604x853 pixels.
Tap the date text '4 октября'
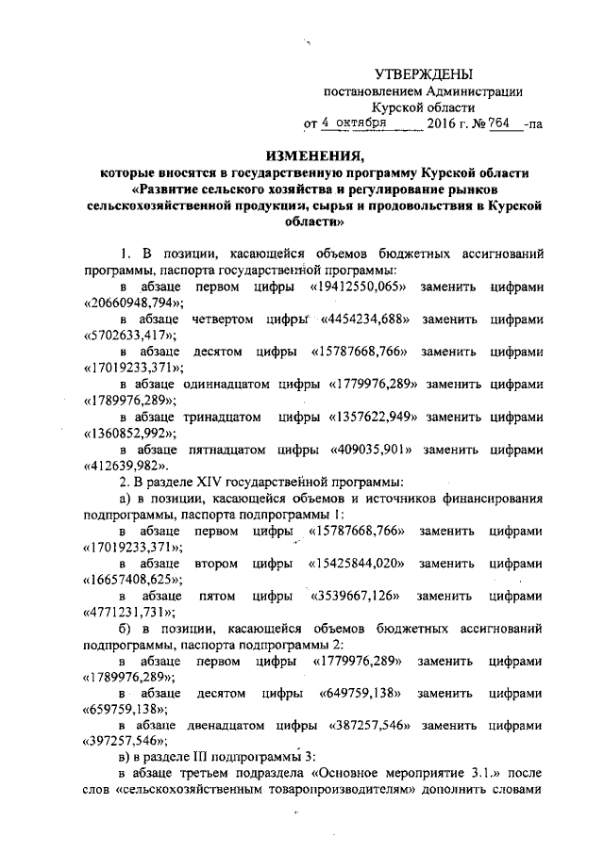[x=352, y=123]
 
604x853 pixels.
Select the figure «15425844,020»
[x=358, y=563]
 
